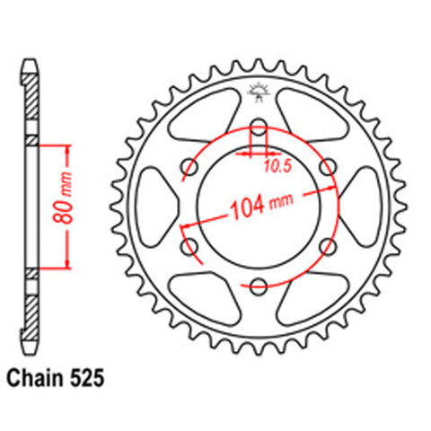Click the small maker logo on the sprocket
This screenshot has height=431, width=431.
259,91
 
